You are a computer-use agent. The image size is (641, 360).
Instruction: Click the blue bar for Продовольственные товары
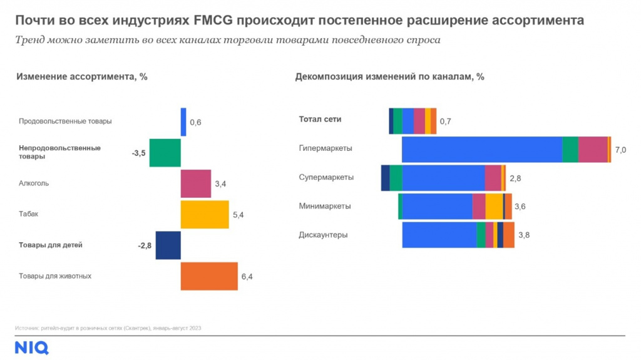pos(183,122)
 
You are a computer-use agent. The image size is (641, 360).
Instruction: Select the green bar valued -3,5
pos(165,153)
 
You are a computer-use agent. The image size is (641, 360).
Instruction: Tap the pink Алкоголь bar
pos(196,183)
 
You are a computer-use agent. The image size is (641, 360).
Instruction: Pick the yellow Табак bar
pos(205,214)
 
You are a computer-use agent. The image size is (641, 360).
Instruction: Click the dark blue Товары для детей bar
pos(168,245)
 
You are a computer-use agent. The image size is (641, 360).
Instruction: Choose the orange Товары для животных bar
pos(209,276)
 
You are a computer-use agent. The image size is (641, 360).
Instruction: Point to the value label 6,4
pos(247,276)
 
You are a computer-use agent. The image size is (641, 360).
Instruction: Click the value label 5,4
pos(238,215)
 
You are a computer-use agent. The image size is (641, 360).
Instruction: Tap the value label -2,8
pos(145,245)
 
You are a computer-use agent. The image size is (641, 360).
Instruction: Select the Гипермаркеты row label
pos(326,148)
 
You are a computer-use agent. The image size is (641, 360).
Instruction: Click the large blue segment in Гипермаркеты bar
pos(481,150)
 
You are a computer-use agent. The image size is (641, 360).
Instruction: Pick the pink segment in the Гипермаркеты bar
pos(592,150)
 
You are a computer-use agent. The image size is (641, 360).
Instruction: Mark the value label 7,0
pos(620,150)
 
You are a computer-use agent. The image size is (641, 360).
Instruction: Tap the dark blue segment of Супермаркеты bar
pos(385,178)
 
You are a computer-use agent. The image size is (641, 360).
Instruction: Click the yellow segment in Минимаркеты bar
pos(494,206)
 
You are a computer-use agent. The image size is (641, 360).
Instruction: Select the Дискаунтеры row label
pos(323,235)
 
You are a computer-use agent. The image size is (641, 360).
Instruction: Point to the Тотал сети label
pos(320,119)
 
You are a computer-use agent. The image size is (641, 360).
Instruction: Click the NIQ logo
pos(31,348)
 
